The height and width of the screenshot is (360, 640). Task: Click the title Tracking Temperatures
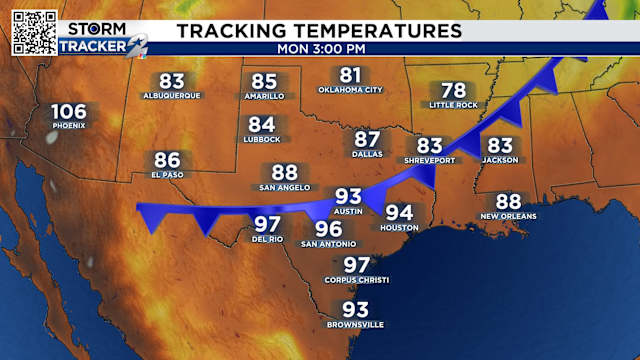(319, 30)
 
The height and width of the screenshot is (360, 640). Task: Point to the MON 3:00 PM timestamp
(320, 47)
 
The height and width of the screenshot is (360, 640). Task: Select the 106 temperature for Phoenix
(69, 111)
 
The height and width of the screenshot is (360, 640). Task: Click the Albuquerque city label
(172, 96)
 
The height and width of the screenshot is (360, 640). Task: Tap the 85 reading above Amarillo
(264, 82)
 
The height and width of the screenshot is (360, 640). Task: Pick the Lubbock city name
(262, 140)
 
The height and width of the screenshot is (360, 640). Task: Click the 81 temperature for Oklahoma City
(350, 75)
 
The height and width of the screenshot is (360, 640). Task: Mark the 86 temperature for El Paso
(167, 160)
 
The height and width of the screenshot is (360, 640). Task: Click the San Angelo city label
(285, 187)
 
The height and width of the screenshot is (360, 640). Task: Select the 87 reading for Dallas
(367, 140)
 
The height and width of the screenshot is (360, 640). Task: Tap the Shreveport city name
(429, 160)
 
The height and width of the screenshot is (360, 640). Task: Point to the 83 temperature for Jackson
(500, 146)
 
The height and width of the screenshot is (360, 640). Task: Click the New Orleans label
(508, 216)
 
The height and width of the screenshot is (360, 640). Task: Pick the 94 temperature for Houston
(399, 213)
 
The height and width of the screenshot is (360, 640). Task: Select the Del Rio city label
(267, 239)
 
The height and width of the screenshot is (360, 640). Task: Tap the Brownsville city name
(356, 325)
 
